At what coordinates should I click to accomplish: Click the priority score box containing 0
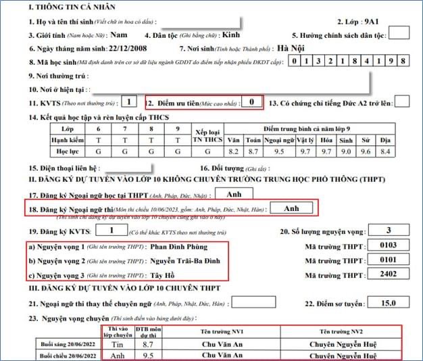tap(251, 102)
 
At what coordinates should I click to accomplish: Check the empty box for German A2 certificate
tap(401, 102)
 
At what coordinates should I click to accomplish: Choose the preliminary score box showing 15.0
tap(388, 303)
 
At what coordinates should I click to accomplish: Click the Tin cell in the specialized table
tap(111, 344)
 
